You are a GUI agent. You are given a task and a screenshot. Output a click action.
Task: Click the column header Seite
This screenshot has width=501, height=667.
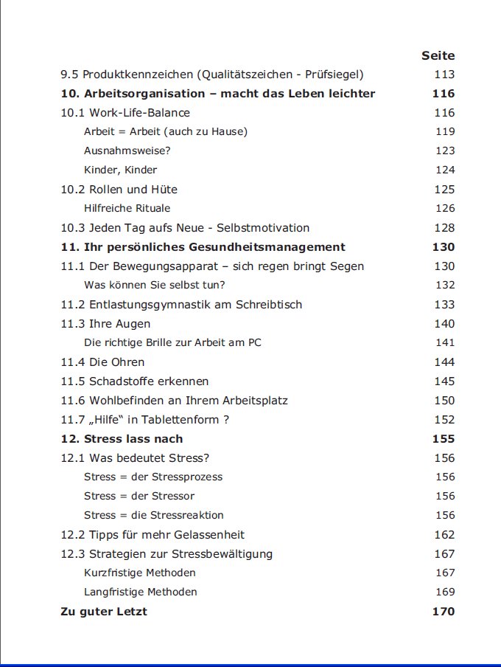(x=438, y=55)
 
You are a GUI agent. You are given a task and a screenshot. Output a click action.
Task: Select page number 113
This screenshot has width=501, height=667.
(x=444, y=75)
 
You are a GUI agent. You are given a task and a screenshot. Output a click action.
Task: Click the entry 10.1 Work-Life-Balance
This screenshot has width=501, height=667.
(x=125, y=113)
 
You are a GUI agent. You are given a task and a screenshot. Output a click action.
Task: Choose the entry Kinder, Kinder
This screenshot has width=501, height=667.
(x=120, y=170)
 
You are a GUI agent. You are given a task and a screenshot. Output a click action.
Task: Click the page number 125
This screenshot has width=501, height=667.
(x=444, y=190)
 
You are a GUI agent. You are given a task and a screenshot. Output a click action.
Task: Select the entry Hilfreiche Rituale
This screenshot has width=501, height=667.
(x=127, y=208)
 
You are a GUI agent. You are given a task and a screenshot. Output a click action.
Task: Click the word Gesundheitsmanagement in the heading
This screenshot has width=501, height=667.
(x=273, y=247)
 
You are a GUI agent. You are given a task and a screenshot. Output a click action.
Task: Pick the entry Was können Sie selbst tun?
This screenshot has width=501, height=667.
(x=154, y=285)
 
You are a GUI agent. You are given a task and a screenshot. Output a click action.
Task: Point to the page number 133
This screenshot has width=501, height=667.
(x=444, y=305)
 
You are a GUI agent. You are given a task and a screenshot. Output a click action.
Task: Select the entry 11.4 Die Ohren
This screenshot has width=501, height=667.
(x=102, y=362)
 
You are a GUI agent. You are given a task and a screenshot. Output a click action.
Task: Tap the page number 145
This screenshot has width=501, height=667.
(x=444, y=381)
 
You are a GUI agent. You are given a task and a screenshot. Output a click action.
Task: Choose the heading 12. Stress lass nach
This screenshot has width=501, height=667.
(x=122, y=439)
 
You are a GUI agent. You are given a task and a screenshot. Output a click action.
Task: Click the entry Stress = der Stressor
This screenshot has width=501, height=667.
(x=139, y=496)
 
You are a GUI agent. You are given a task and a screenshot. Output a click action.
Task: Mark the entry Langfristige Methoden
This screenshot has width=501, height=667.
(x=140, y=592)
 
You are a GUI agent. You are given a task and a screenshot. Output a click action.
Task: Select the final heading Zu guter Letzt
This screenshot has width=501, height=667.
(x=104, y=612)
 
